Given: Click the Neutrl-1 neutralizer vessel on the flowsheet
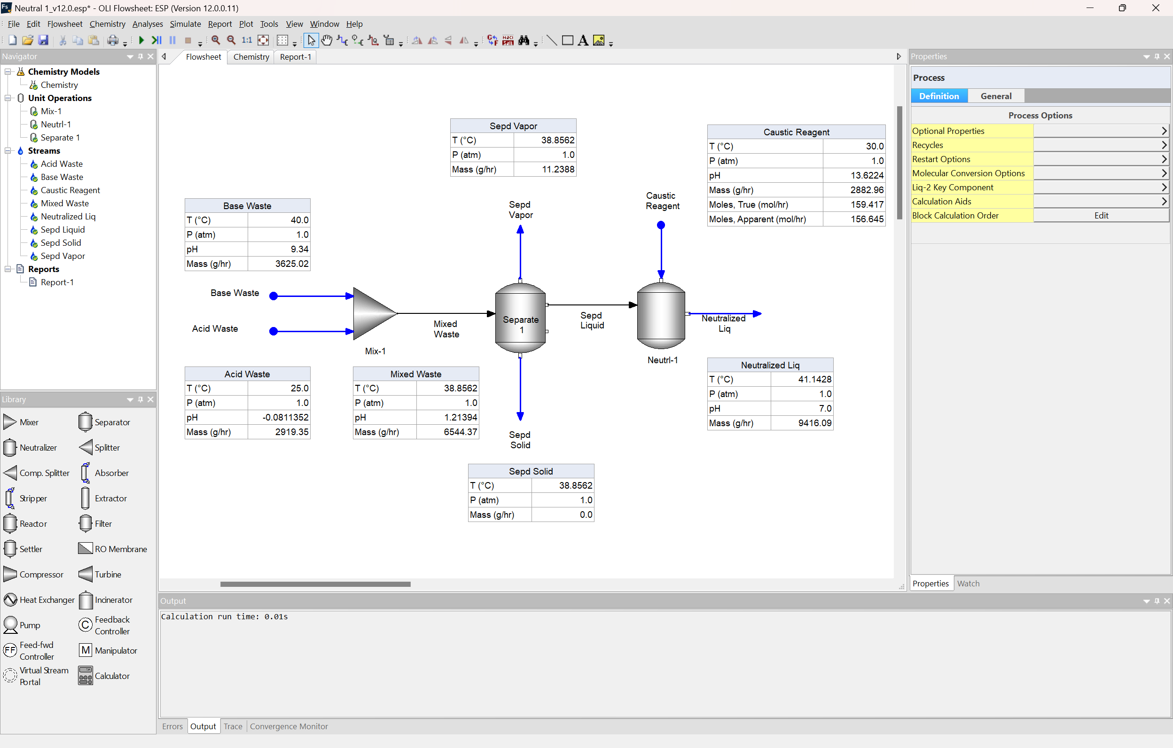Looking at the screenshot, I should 661,316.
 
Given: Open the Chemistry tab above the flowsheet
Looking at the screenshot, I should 251,57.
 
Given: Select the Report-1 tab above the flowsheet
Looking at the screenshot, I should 295,57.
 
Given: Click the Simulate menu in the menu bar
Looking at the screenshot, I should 185,24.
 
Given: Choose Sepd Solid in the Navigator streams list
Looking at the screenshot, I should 61,242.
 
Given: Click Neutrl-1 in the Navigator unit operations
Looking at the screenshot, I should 55,124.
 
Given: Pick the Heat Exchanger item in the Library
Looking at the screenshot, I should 47,600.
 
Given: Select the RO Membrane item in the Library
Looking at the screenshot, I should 120,549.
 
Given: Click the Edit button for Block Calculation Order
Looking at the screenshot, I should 1101,215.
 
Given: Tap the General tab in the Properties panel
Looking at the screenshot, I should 996,96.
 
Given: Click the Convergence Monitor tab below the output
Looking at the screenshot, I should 289,726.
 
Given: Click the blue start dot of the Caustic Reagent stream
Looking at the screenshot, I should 661,225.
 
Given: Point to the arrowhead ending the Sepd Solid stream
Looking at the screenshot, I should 520,416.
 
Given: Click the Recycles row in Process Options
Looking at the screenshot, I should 972,145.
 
